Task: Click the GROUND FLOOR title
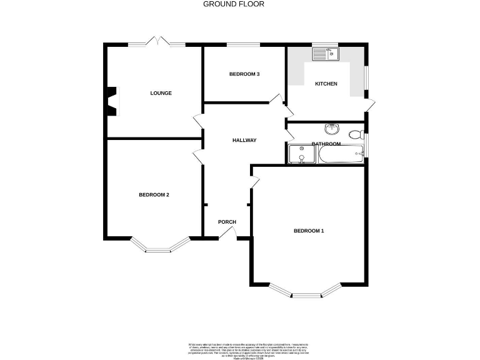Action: click(234, 4)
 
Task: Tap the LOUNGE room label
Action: click(161, 93)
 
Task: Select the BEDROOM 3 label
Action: click(244, 74)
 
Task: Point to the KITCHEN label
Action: click(326, 84)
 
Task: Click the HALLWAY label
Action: click(244, 140)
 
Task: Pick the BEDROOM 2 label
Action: click(154, 195)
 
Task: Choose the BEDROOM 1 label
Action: click(309, 231)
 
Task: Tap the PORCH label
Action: click(226, 222)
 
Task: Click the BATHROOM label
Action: click(327, 144)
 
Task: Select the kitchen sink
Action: click(325, 55)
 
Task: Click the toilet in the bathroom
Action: click(356, 134)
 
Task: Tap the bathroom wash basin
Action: click(331, 129)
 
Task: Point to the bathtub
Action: click(341, 154)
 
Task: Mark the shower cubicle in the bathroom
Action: click(301, 154)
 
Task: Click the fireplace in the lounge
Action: click(112, 101)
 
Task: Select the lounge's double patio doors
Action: click(157, 42)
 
